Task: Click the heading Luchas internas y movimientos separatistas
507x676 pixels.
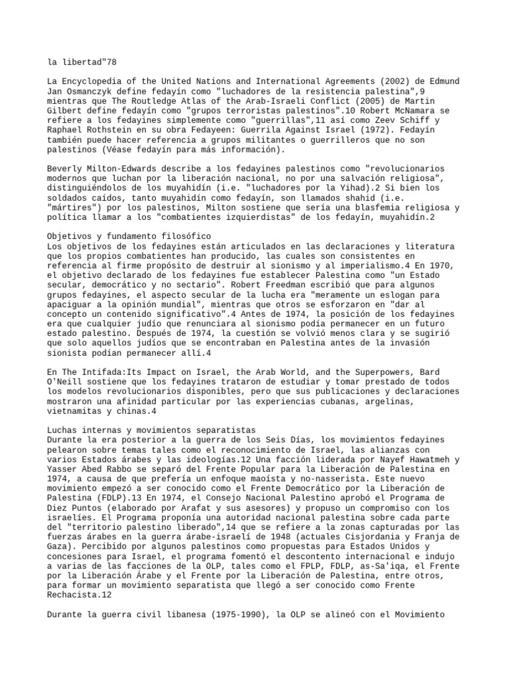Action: point(142,430)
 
